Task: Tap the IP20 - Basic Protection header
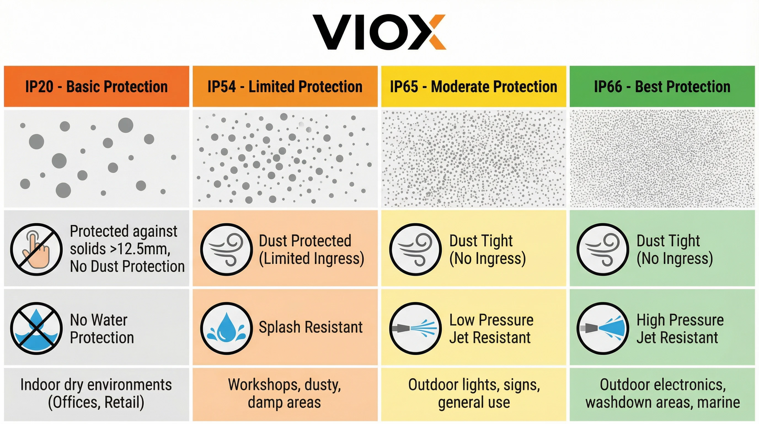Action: tap(96, 86)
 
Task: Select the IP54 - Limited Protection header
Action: tap(285, 86)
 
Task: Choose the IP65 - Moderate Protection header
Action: tap(474, 86)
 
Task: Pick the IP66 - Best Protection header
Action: tap(662, 86)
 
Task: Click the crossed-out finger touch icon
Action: tap(36, 250)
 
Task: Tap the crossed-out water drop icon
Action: tap(36, 328)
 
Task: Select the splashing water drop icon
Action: tap(226, 328)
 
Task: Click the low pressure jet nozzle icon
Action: tap(415, 328)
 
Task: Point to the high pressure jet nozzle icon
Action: tap(603, 328)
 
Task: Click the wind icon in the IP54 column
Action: tap(226, 250)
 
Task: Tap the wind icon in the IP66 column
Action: tap(603, 250)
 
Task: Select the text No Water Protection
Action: tap(102, 328)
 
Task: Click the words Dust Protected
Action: tap(305, 241)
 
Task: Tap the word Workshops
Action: tap(264, 385)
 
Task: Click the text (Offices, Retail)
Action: tap(96, 402)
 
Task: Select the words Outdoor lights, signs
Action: tap(474, 385)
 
